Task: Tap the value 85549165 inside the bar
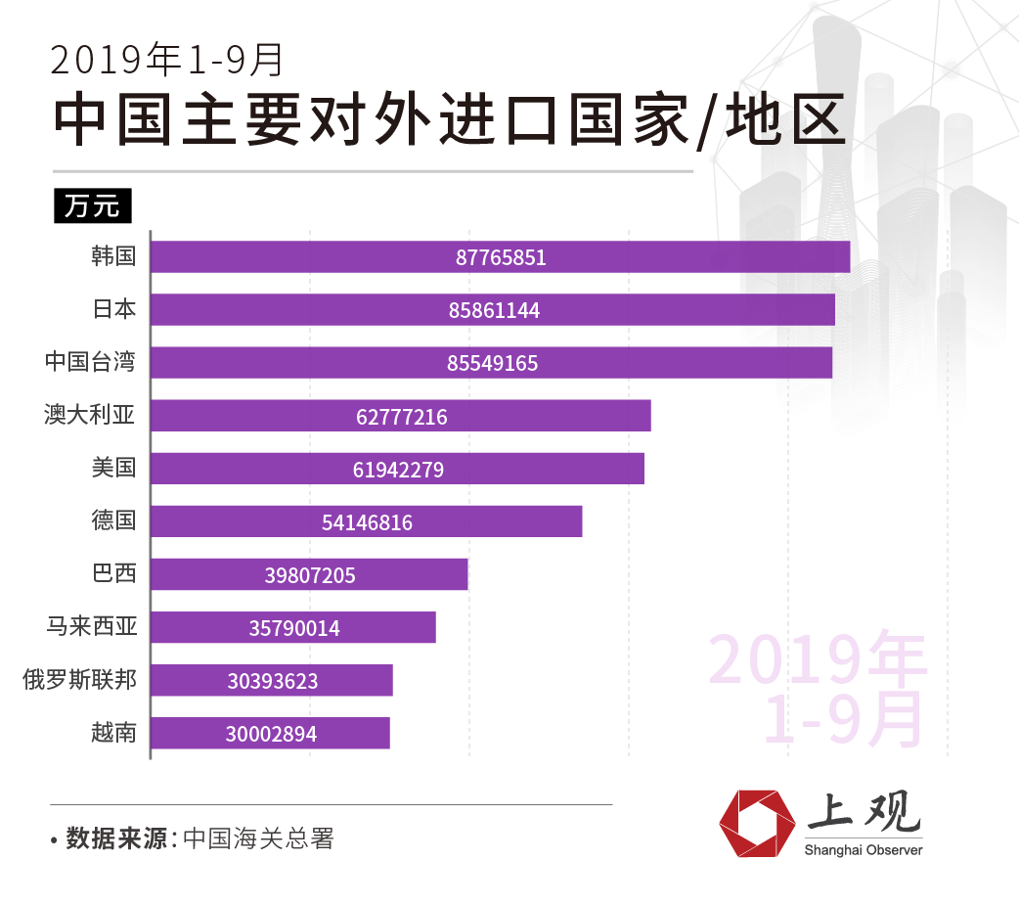pyautogui.click(x=493, y=363)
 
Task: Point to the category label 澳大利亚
pyautogui.click(x=90, y=415)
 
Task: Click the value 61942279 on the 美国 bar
pyautogui.click(x=398, y=470)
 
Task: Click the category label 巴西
pyautogui.click(x=113, y=572)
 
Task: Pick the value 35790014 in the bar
pyautogui.click(x=294, y=628)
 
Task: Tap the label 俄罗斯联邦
pyautogui.click(x=79, y=679)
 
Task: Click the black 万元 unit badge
pyautogui.click(x=92, y=206)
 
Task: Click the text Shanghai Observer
pyautogui.click(x=864, y=850)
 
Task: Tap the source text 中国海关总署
pyautogui.click(x=258, y=838)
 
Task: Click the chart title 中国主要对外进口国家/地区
pyautogui.click(x=449, y=119)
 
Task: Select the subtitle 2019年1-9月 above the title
pyautogui.click(x=167, y=61)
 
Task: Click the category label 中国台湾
pyautogui.click(x=90, y=362)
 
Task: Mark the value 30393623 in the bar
pyautogui.click(x=273, y=681)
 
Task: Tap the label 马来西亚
pyautogui.click(x=92, y=625)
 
